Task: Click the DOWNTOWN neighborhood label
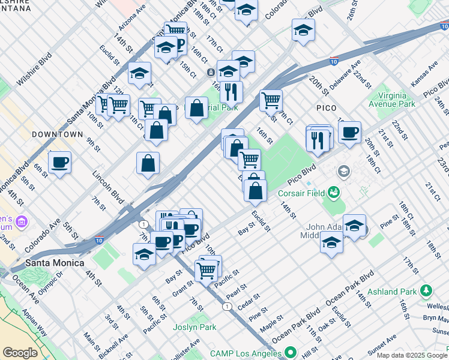(57, 134)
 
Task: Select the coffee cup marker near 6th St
(59, 163)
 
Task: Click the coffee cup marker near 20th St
(349, 133)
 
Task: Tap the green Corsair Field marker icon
(334, 193)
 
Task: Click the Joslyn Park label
(194, 328)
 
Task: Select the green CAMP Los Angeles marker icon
(291, 352)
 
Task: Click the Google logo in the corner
(20, 353)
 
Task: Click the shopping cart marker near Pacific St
(206, 270)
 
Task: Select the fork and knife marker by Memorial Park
(231, 92)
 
